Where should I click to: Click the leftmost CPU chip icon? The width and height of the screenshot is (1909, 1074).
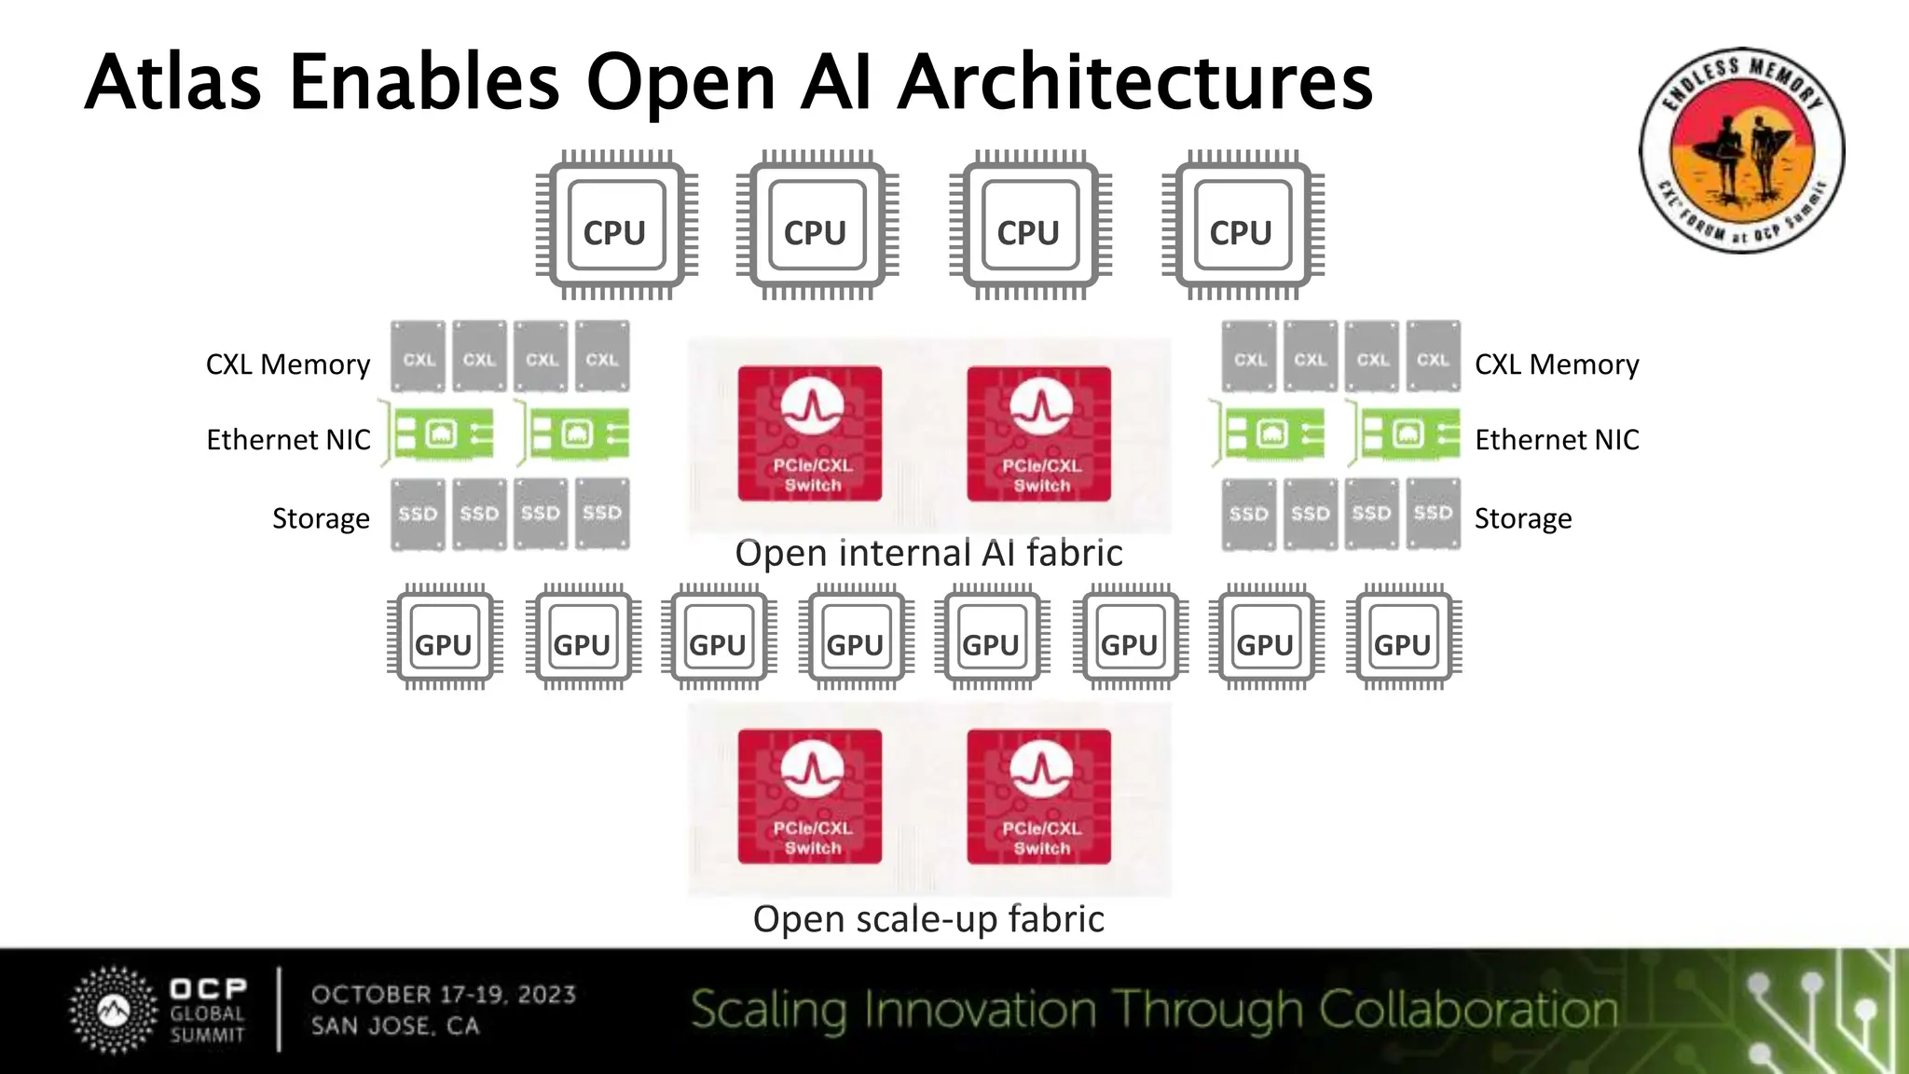[x=616, y=227]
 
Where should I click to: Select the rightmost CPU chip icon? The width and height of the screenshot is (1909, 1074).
[x=1242, y=227]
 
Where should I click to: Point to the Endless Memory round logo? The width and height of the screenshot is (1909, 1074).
[x=1741, y=150]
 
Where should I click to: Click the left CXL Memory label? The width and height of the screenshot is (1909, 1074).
[x=287, y=365]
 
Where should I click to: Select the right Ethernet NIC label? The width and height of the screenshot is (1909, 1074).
[x=1556, y=439]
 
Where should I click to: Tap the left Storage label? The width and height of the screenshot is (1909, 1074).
[x=321, y=518]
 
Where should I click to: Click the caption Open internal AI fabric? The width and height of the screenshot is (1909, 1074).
[x=928, y=553]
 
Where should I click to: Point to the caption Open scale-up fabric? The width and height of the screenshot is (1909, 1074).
[x=928, y=919]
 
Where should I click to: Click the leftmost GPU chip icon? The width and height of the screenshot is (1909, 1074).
[x=445, y=639]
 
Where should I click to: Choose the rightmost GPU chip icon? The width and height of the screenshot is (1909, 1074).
[x=1403, y=639]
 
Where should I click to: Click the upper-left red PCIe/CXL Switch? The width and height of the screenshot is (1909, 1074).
[x=810, y=434]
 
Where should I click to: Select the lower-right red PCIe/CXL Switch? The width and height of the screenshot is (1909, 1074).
[x=1038, y=797]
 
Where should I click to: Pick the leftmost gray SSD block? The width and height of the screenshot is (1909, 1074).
[x=418, y=514]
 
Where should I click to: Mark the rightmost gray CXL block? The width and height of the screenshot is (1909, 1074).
[x=1433, y=358]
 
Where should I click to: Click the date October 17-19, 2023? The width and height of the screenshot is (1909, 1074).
[x=444, y=995]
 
